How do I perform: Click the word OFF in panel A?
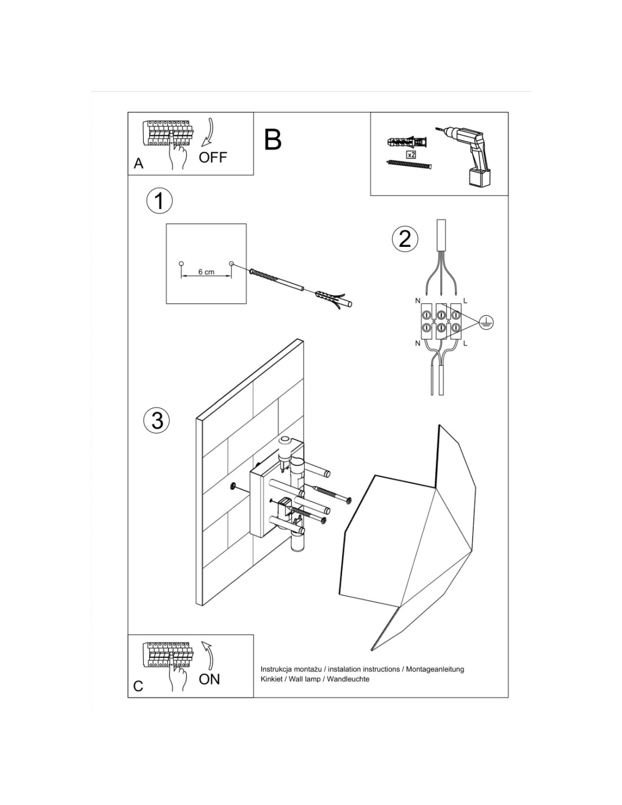[213, 157]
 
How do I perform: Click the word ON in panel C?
[209, 679]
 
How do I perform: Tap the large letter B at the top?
[273, 139]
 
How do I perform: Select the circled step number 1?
[159, 201]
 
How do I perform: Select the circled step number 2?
[405, 238]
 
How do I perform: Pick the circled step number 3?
[157, 421]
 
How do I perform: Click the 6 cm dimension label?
[206, 272]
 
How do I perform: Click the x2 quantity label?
[412, 153]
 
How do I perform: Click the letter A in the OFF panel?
[139, 164]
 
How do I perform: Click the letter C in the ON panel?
[139, 686]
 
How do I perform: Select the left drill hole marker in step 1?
[181, 263]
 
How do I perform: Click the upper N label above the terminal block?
[418, 300]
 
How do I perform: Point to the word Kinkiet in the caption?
[273, 679]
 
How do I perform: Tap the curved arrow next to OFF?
[209, 133]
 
